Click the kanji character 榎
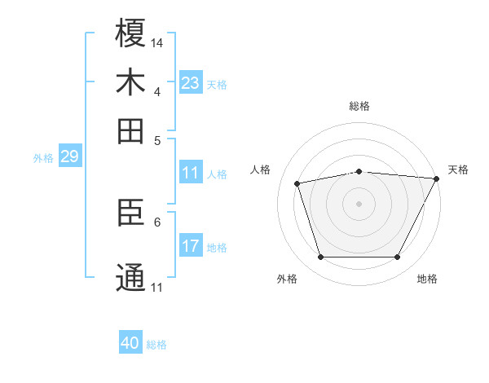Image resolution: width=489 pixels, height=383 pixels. tap(130, 33)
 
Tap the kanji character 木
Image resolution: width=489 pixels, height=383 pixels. tap(130, 82)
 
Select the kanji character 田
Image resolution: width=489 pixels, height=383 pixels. tap(130, 130)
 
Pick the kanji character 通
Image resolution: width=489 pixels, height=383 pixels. tap(130, 276)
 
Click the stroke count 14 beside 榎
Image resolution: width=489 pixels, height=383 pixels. tap(157, 42)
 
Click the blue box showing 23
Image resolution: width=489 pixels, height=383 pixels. tap(190, 82)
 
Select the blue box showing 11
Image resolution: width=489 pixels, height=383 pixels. tap(190, 173)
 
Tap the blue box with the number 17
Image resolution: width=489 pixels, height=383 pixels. tap(190, 245)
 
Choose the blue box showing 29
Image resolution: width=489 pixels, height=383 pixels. tap(69, 156)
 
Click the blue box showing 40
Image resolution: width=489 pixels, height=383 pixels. tap(130, 343)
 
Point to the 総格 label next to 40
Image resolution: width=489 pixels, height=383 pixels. tap(156, 345)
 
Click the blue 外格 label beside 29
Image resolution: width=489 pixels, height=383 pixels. tap(42, 158)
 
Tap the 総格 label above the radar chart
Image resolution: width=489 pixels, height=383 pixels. tap(359, 106)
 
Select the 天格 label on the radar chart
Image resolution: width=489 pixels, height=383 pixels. tap(458, 169)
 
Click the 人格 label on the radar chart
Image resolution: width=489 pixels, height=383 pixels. tap(261, 169)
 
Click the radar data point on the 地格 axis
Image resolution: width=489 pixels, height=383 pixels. tap(398, 258)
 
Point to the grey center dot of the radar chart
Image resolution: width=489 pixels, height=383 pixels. tap(359, 204)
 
